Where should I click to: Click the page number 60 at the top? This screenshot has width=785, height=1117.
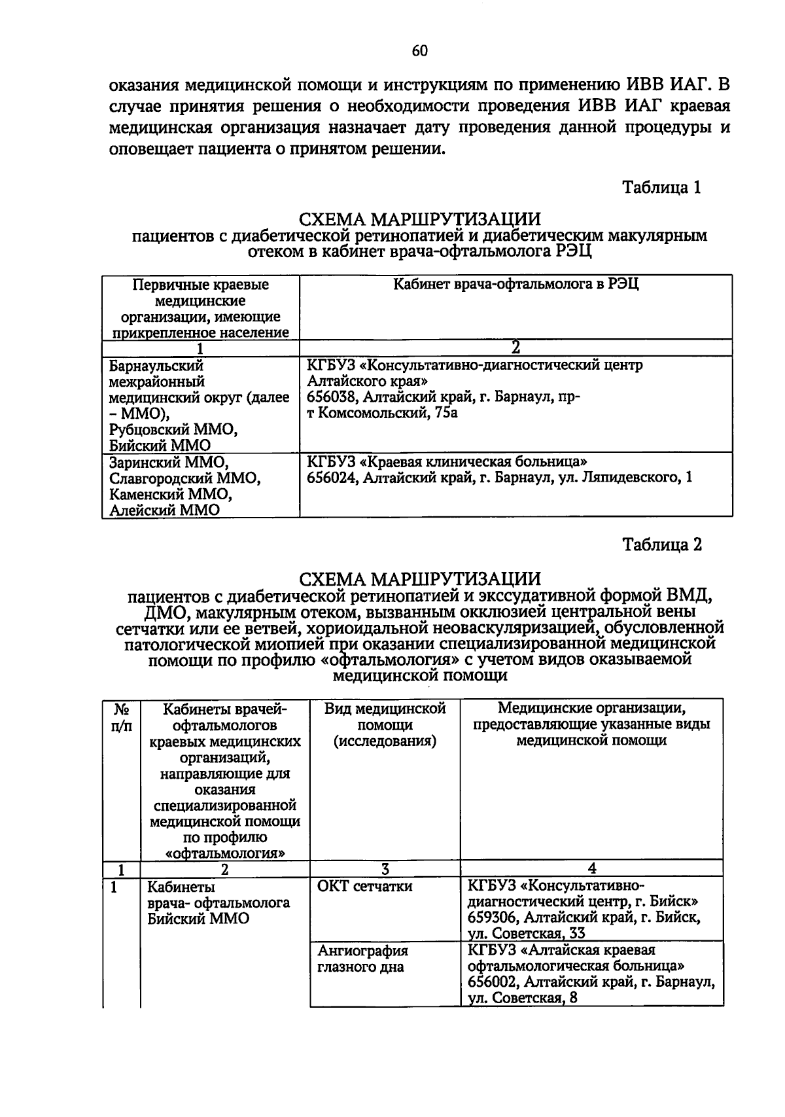tap(420, 51)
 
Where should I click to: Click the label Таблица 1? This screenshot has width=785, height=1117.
tap(661, 188)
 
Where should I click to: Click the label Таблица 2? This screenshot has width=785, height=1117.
tap(661, 545)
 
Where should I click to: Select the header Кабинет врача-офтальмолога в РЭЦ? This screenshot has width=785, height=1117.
tap(515, 284)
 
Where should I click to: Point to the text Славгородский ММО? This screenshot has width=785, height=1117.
tap(184, 478)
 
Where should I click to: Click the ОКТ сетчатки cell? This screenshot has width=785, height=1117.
tap(364, 887)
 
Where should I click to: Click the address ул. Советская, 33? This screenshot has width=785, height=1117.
tap(527, 933)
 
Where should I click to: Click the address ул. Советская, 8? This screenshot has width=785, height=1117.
tap(523, 998)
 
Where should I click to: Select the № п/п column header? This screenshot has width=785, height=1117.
tap(122, 717)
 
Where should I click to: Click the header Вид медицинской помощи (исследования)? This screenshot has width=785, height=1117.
tap(385, 725)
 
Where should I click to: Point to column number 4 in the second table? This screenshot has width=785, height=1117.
tap(591, 869)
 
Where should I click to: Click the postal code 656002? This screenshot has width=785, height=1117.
tap(493, 982)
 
